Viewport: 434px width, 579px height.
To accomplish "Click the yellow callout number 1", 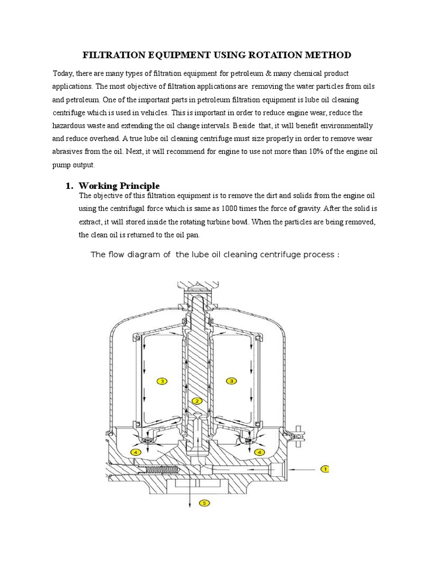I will pyautogui.click(x=325, y=469).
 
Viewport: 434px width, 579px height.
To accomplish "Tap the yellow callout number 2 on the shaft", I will pyautogui.click(x=197, y=400).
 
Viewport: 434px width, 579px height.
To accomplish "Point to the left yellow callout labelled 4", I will pyautogui.click(x=136, y=452).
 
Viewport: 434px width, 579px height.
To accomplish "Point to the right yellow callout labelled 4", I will pyautogui.click(x=259, y=452).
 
